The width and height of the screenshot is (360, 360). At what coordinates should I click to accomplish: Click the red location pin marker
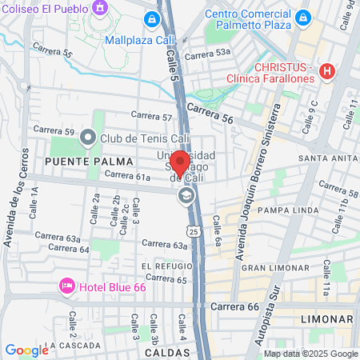180,162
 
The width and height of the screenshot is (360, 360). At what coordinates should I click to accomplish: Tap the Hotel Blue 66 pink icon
67,286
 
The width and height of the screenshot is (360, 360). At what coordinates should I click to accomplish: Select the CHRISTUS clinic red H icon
326,71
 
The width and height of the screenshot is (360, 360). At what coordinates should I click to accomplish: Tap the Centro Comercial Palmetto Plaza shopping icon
302,18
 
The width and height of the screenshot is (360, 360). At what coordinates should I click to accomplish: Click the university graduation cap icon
186,195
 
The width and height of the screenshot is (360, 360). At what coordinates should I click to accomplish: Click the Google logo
26,350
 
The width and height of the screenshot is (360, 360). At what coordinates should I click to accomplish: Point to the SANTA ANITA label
327,158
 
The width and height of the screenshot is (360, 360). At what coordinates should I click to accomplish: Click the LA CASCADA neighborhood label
74,346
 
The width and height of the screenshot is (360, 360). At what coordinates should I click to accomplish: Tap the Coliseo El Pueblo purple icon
100,9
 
